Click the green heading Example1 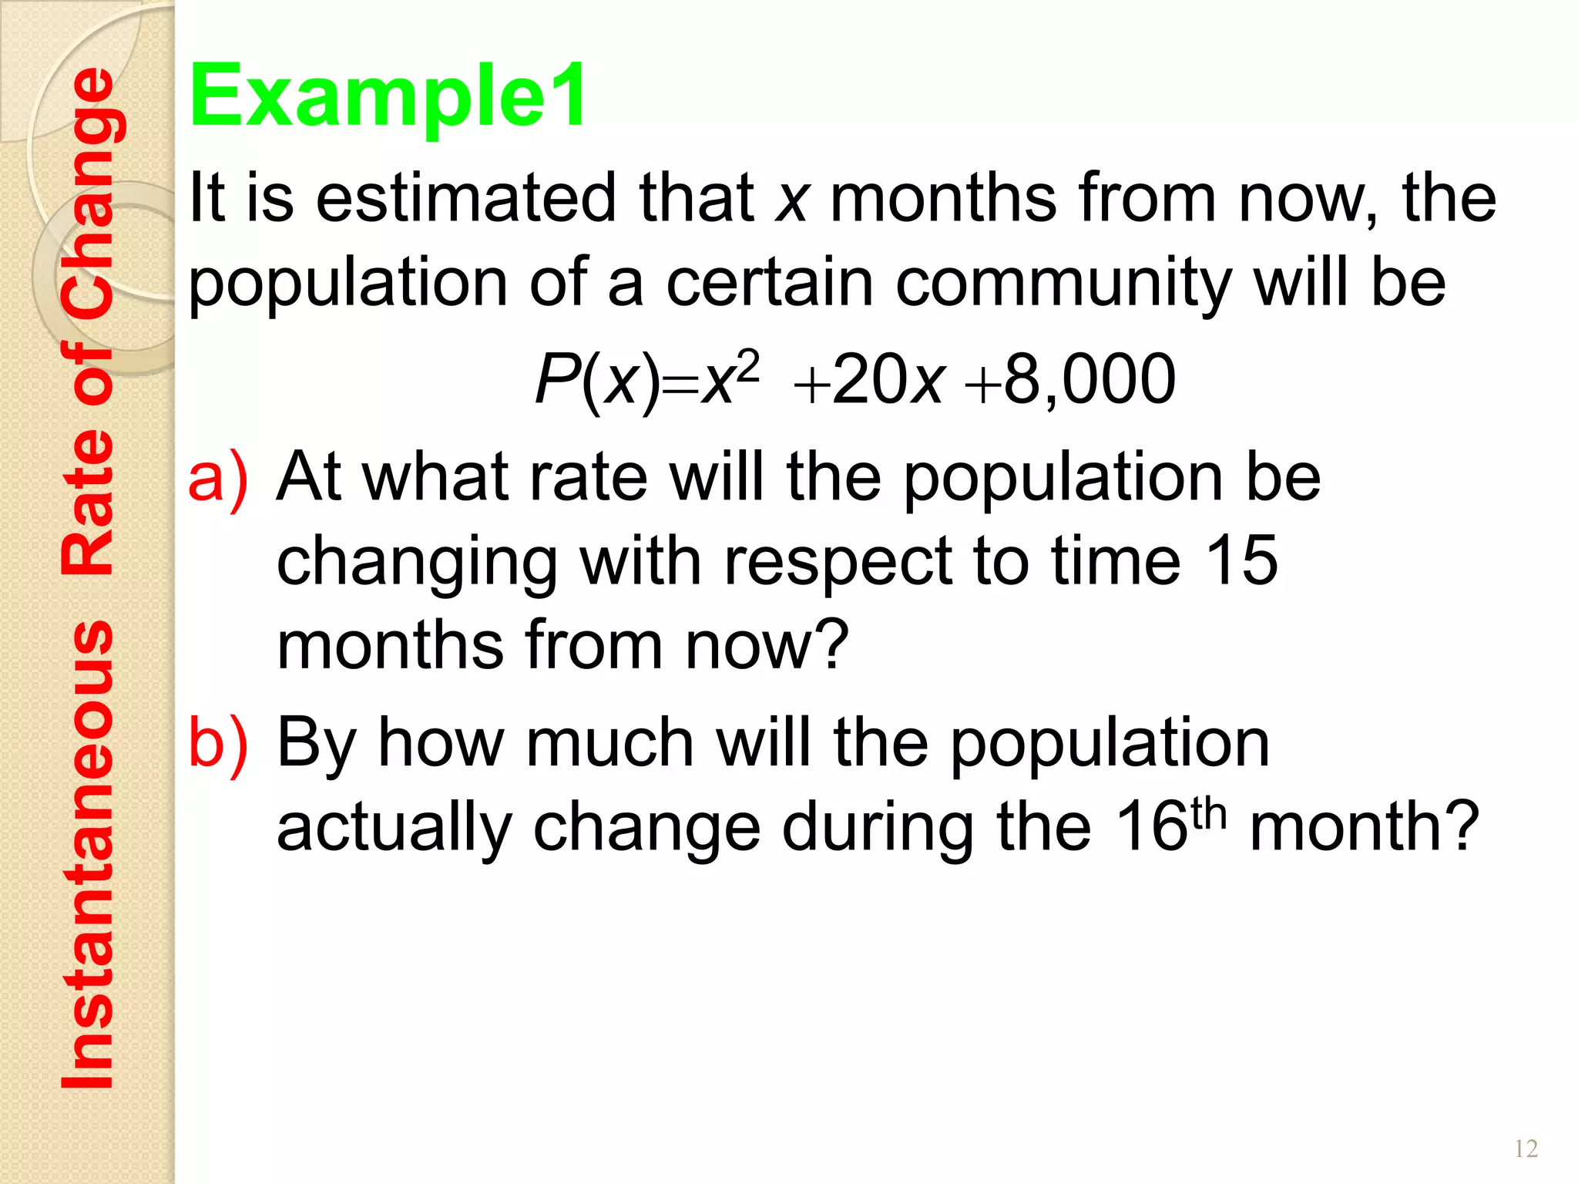[388, 96]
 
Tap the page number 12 [1526, 1149]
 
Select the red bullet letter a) [218, 478]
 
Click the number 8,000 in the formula [1089, 378]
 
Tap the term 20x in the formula [888, 378]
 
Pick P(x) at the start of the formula [598, 380]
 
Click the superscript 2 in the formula [747, 365]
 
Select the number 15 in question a [1241, 560]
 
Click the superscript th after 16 [1208, 813]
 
